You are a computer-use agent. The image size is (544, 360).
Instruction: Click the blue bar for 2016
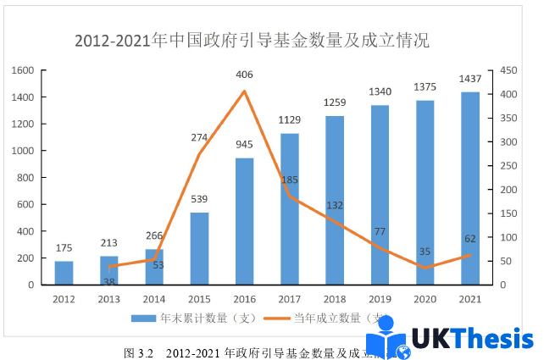click(x=244, y=221)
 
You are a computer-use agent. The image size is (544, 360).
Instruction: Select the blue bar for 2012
click(x=64, y=273)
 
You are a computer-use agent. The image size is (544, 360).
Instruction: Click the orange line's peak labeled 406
click(x=244, y=91)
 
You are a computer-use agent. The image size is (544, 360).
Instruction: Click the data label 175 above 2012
click(x=64, y=248)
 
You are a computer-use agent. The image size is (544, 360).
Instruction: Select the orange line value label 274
click(x=199, y=137)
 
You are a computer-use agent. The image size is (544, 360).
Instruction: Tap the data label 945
click(x=244, y=145)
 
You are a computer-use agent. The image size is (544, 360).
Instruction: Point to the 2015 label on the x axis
click(x=199, y=299)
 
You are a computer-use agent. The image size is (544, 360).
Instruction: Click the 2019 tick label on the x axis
click(x=380, y=299)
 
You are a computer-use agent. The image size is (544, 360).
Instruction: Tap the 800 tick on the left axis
click(x=26, y=178)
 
